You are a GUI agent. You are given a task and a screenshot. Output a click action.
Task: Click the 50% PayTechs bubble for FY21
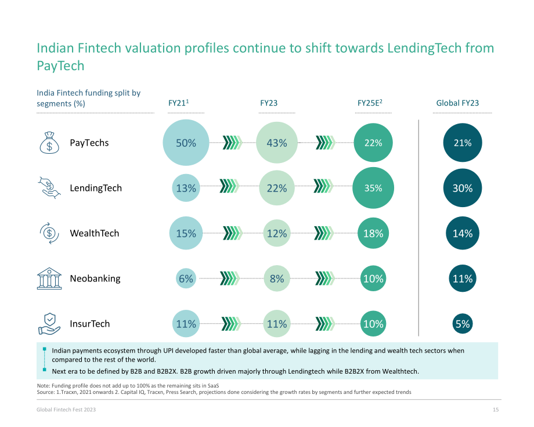(x=186, y=143)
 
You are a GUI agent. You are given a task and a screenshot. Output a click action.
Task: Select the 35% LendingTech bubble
(x=373, y=188)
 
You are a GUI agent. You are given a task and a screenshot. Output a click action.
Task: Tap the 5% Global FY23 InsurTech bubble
(x=463, y=324)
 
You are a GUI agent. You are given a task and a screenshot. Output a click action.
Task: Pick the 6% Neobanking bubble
(x=186, y=278)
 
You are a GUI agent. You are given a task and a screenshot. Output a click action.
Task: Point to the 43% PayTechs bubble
(x=277, y=143)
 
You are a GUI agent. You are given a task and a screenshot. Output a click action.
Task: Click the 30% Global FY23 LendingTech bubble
(x=463, y=188)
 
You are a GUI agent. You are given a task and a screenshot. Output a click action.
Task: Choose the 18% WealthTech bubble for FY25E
(x=373, y=233)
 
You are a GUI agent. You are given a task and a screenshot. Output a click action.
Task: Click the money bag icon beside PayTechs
(x=49, y=143)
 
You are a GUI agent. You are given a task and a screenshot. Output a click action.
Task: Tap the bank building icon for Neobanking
(x=49, y=278)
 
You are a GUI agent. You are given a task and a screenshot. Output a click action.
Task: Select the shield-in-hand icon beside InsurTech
(x=49, y=324)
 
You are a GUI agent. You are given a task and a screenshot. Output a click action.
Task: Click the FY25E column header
(x=370, y=103)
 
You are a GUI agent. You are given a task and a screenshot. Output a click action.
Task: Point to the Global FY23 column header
(x=457, y=103)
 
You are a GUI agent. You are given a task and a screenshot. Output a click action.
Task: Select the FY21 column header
(x=178, y=103)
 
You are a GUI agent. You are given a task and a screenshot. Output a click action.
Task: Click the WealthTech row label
(x=95, y=233)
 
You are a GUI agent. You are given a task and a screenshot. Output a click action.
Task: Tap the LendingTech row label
(x=96, y=188)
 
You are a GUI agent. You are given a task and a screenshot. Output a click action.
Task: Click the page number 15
(x=496, y=410)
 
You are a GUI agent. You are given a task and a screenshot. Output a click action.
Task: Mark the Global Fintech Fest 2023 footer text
(x=66, y=410)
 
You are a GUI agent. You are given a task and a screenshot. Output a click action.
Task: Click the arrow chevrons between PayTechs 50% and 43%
(x=233, y=143)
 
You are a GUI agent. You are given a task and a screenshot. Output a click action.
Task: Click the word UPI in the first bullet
(x=168, y=350)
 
